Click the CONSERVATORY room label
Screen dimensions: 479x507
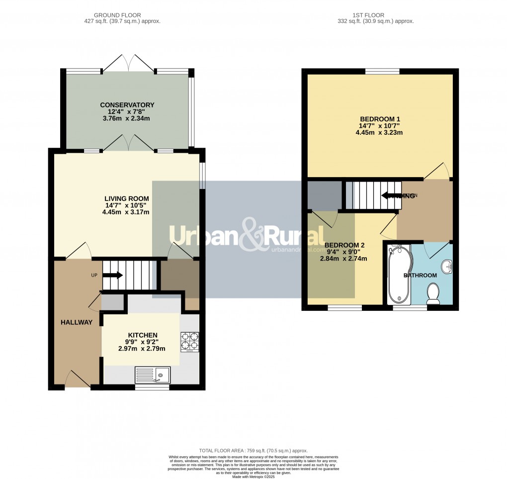(127, 105)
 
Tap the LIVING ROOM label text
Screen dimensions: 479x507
(127, 198)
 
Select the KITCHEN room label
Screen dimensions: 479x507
(143, 335)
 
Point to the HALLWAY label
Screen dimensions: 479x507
(77, 322)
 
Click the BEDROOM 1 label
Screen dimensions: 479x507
(380, 119)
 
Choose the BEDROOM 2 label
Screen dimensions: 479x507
(344, 245)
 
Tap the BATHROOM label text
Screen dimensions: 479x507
(420, 275)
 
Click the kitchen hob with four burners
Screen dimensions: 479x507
(189, 342)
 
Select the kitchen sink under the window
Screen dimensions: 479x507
(153, 374)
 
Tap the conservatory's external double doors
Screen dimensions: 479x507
(129, 63)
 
